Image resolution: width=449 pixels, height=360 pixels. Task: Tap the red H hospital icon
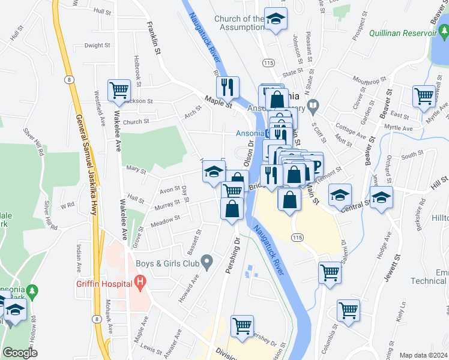140,280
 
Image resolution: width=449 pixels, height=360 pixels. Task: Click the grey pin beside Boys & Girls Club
207,262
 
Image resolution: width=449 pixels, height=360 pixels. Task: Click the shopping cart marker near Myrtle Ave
424,95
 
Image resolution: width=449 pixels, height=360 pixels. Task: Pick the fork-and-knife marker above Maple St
228,86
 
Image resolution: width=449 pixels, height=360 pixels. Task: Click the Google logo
20,353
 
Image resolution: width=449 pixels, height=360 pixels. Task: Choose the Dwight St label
97,45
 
